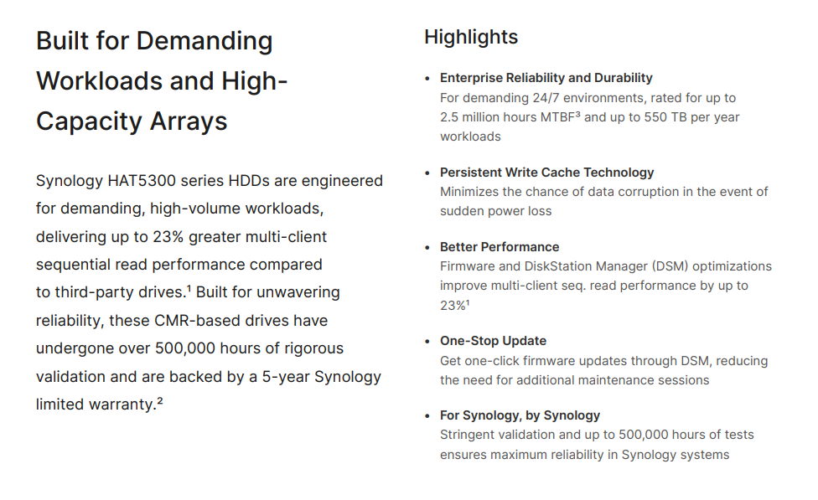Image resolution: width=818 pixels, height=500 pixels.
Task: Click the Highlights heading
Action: coord(470,38)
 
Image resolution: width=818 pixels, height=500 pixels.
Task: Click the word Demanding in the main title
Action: coord(204,42)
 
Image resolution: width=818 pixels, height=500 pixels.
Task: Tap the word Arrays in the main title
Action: coord(189,121)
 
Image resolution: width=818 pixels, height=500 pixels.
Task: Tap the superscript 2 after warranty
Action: coord(160,400)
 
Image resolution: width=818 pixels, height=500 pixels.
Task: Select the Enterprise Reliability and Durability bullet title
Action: coord(546,78)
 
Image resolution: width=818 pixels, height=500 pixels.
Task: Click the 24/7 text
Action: coord(546,98)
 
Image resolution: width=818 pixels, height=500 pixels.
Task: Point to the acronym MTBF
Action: coord(557,117)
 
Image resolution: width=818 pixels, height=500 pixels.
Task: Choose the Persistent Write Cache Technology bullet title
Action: coord(546,173)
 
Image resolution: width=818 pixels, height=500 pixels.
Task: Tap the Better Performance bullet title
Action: coord(500,247)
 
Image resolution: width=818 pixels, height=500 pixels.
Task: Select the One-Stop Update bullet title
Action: coord(493,341)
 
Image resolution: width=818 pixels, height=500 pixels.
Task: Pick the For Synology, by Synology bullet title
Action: coord(520,415)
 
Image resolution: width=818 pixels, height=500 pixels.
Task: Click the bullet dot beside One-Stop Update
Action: coord(427,342)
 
